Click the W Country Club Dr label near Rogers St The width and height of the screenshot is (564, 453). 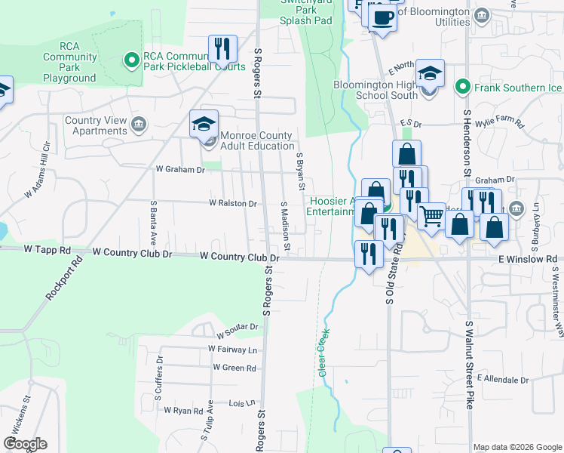240,257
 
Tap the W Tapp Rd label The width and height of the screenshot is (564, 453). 47,249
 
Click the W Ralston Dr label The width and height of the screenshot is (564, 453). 233,203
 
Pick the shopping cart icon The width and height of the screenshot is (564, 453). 432,216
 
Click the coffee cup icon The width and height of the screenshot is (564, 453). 382,17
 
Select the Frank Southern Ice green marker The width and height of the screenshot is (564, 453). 463,88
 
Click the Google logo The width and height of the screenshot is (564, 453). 26,444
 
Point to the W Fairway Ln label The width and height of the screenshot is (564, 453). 232,350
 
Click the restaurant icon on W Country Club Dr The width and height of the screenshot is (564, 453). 369,253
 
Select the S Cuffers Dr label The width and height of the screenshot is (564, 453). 160,374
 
